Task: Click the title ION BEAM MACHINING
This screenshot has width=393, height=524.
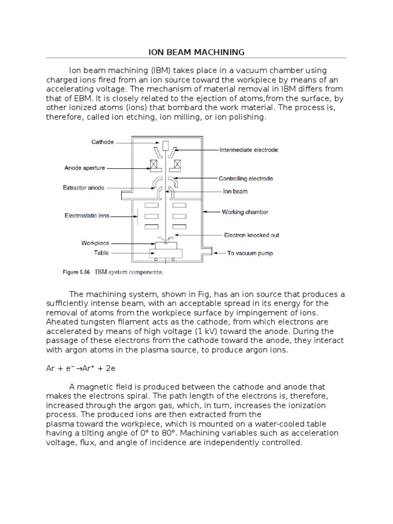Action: (x=196, y=52)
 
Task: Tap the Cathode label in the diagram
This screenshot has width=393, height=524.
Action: (x=102, y=142)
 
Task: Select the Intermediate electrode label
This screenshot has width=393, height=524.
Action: (x=249, y=150)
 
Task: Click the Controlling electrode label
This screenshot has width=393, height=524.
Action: (x=246, y=179)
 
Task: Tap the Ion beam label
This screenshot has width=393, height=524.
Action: (x=235, y=191)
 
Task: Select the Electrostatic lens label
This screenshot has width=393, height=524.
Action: (x=87, y=215)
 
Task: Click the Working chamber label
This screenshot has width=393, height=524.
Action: (x=245, y=211)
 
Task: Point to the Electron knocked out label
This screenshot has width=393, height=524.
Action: (x=251, y=235)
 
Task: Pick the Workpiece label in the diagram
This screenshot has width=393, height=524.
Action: (x=95, y=244)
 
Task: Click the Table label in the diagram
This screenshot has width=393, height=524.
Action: (x=101, y=253)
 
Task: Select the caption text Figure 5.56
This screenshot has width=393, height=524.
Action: (x=76, y=273)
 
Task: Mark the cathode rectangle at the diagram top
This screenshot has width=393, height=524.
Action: (x=165, y=146)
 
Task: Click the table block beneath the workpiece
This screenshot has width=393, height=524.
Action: (x=165, y=254)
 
